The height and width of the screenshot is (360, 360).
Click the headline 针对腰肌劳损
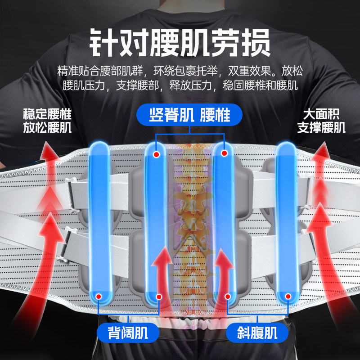[180, 41]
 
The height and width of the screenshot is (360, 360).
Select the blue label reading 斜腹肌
[257, 333]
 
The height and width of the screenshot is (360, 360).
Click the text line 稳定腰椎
[47, 114]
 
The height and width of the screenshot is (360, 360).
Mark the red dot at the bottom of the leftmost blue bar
[99, 296]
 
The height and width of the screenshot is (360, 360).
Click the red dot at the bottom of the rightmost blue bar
[288, 296]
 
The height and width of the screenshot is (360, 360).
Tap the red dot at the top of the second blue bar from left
[156, 154]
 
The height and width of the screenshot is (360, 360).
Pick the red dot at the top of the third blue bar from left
[223, 154]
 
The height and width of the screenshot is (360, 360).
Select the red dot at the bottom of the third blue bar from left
[228, 296]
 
